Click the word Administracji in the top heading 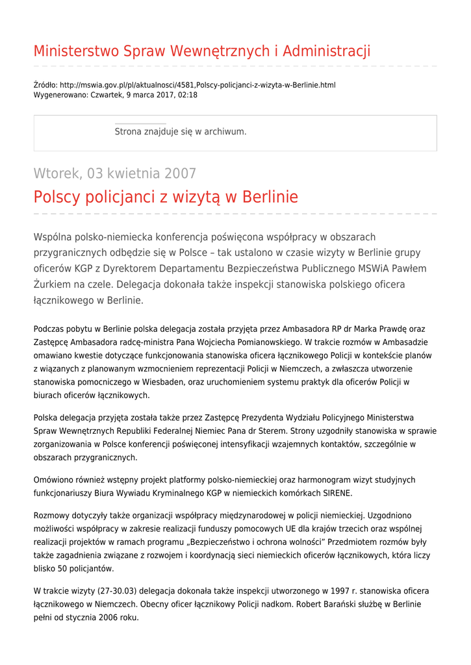click(327, 51)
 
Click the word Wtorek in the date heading click(57, 173)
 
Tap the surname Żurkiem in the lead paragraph click(55, 284)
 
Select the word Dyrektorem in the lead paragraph click(160, 269)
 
